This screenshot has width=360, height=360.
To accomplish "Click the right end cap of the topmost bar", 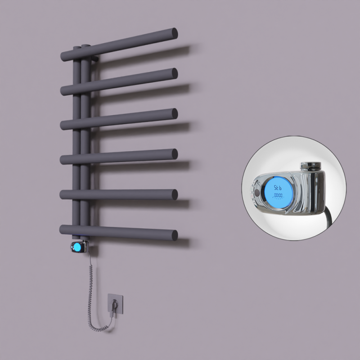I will click(173, 33).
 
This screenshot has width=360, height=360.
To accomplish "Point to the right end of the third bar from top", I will click(173, 113).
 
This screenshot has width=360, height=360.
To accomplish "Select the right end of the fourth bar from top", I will click(173, 153).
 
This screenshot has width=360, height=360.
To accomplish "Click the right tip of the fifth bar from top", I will click(173, 194).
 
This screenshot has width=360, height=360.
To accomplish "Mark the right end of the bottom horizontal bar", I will click(173, 234).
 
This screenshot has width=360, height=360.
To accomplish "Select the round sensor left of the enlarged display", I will click(257, 193).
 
